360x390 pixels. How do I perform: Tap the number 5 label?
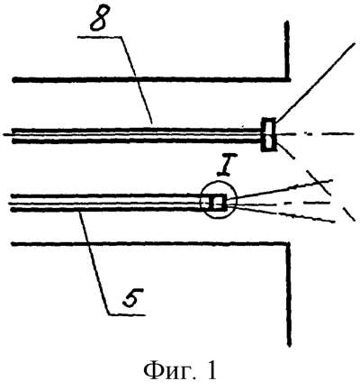[x=132, y=297]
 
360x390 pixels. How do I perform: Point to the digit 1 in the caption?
[x=211, y=370]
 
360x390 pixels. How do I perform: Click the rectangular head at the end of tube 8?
[x=268, y=134]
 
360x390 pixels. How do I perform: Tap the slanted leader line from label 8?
[x=137, y=80]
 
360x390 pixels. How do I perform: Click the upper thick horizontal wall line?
[x=150, y=79]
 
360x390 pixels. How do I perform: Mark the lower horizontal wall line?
[x=150, y=243]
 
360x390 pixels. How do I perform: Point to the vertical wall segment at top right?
[x=287, y=50]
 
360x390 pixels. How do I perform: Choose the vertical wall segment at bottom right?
[x=289, y=295]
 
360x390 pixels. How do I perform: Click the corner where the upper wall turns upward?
[x=288, y=79]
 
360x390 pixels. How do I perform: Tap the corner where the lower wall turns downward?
[x=289, y=243]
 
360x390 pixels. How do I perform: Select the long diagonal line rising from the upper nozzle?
[x=314, y=83]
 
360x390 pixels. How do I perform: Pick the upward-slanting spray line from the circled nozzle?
[x=280, y=190]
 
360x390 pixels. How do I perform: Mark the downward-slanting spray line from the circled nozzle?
[x=282, y=213]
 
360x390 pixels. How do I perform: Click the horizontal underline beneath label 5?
[x=127, y=315]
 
